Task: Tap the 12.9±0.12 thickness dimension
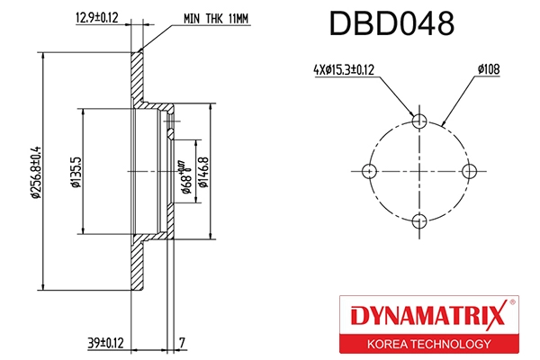[95, 16]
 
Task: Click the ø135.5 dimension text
[76, 170]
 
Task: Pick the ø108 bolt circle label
[489, 67]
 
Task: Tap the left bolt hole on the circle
[368, 171]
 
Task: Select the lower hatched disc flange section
[138, 265]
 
